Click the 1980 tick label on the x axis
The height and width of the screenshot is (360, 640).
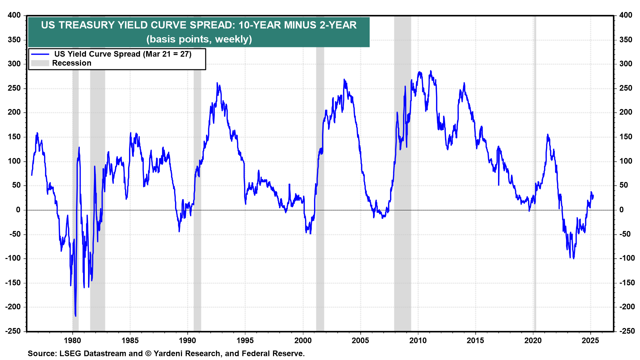(72, 340)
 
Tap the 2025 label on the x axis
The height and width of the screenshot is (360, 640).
(590, 340)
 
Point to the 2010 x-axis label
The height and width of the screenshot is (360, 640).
(418, 340)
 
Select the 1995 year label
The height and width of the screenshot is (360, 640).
(245, 340)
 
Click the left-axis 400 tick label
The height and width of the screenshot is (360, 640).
(14, 15)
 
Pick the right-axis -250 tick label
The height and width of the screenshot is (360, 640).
(627, 331)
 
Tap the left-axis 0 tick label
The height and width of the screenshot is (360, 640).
(18, 210)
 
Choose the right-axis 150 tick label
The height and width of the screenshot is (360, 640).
(626, 137)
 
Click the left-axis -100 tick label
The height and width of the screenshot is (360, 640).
(13, 258)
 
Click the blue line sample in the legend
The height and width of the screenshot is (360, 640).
(40, 54)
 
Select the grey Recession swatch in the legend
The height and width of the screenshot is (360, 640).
(40, 63)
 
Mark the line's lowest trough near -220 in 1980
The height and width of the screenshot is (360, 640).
(76, 315)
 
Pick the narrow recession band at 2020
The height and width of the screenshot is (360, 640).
(535, 267)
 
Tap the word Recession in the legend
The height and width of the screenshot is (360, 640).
(72, 63)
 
